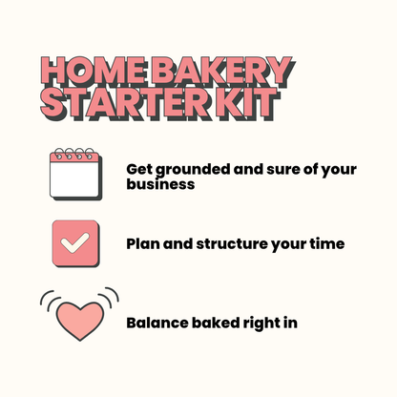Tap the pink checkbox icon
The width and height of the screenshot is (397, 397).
click(74, 243)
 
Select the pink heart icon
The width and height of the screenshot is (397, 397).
click(79, 321)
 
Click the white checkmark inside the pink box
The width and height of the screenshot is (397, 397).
click(74, 243)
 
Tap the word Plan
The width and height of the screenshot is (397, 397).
click(144, 244)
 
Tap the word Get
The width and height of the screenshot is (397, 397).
click(139, 169)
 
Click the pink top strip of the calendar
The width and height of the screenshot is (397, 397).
click(74, 157)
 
